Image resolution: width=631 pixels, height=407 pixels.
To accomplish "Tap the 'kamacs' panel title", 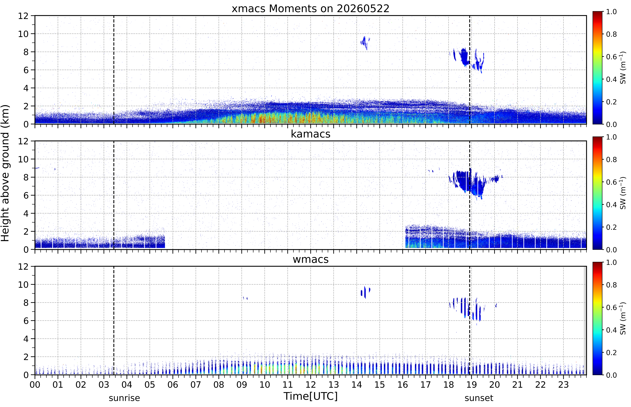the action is click(x=310, y=134).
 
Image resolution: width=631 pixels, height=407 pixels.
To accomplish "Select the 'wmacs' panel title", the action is click(x=310, y=259).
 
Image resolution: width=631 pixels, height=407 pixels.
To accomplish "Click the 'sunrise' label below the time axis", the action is click(x=124, y=398).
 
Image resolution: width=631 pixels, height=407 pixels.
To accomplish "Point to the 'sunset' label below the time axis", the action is click(x=479, y=398).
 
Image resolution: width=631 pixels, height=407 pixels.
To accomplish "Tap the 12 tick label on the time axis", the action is click(x=310, y=385).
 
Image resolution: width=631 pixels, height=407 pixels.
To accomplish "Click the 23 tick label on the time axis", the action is click(x=563, y=385).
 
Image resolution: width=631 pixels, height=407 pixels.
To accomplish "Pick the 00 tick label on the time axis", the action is click(x=35, y=385).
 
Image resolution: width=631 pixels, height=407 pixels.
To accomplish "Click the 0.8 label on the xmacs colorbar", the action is click(x=611, y=34).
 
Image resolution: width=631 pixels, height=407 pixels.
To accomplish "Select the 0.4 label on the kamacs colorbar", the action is click(x=611, y=205).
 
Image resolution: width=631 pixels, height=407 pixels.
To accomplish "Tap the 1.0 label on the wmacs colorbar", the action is click(x=611, y=262).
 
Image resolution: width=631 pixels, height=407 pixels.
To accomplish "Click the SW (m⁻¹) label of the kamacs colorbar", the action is click(x=623, y=193).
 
